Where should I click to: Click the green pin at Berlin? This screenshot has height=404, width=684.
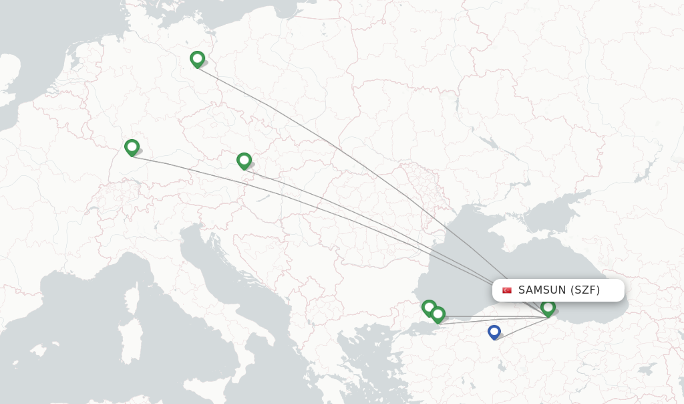[x=197, y=59]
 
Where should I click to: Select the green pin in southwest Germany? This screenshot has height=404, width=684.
[x=132, y=147]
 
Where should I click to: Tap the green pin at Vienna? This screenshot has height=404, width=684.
[x=244, y=161]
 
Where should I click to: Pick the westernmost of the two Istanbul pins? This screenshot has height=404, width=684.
[x=429, y=307]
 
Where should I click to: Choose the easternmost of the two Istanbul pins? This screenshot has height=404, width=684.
[x=438, y=314]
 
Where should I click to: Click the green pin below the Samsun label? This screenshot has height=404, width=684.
[x=548, y=307]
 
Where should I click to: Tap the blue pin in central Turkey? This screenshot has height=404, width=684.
[x=494, y=331]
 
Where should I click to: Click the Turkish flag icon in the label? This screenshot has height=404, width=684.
[x=507, y=290]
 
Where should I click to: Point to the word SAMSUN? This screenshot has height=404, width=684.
[x=542, y=290]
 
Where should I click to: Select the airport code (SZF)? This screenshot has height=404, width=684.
[x=585, y=290]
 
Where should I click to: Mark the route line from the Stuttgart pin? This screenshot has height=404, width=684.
[x=301, y=201]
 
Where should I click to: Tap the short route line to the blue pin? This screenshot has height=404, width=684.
[x=521, y=328]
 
